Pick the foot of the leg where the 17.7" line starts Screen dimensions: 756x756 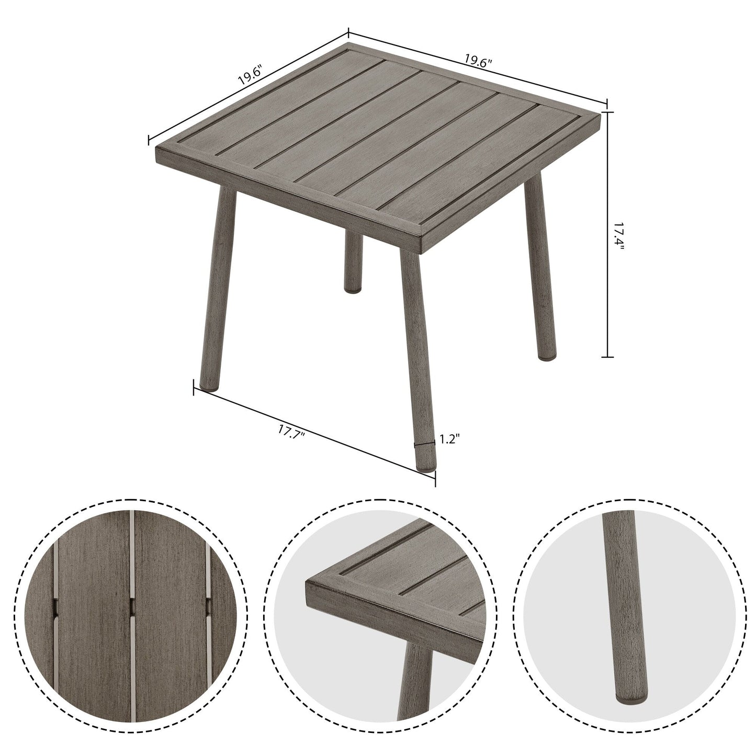pyautogui.click(x=209, y=387)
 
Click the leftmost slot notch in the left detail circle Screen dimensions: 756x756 pyautogui.click(x=54, y=607)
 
